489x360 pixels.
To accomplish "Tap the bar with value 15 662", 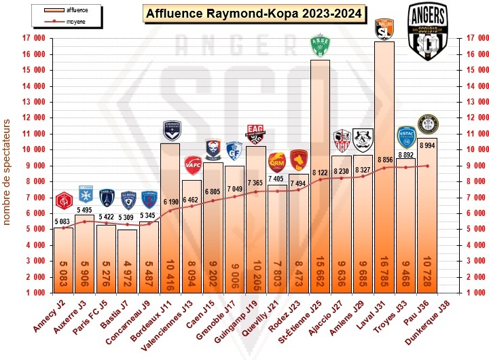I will (x=320, y=177).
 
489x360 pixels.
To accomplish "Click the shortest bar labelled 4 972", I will (x=127, y=262).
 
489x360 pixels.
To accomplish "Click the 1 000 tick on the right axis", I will (x=473, y=292).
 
